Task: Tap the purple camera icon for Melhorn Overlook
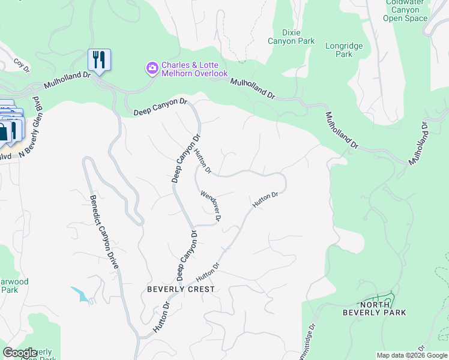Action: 152,67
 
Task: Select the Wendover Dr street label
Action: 211,205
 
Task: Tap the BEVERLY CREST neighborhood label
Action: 181,289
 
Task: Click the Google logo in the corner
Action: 20,353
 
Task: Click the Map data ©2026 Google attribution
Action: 412,355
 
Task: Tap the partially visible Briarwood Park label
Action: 14,286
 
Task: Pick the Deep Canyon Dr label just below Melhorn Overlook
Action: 160,107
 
